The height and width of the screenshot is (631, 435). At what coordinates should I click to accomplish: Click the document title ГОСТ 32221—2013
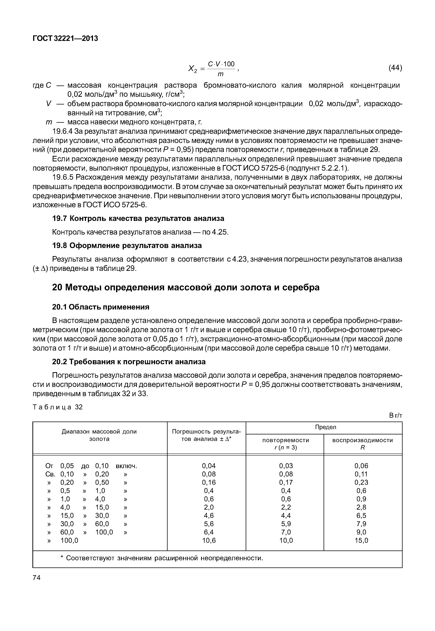tap(65, 39)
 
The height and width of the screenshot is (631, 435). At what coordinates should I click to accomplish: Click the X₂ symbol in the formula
tap(192, 69)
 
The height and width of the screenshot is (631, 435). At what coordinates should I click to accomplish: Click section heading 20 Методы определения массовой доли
tap(186, 287)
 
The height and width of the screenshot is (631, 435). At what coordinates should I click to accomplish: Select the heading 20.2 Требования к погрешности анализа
tap(129, 362)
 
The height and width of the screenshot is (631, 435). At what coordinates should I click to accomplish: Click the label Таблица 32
tap(57, 407)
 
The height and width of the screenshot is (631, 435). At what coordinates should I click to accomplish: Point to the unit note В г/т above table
tap(395, 416)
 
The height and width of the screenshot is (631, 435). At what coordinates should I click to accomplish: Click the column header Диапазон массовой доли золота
tap(99, 435)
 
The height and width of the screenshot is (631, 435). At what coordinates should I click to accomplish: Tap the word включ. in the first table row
tap(126, 466)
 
